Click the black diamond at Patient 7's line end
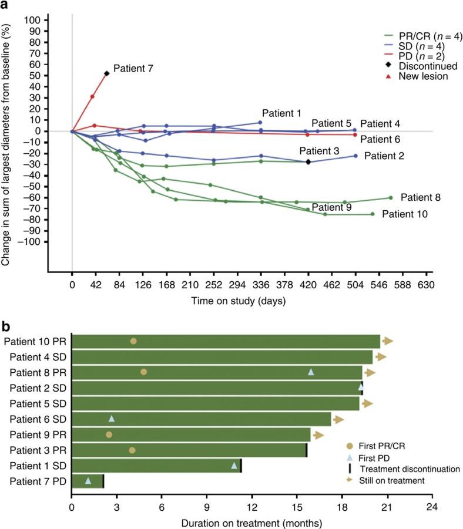(x=106, y=73)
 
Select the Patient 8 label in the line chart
(x=420, y=197)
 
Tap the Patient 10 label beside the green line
(x=404, y=214)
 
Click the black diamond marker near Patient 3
(x=308, y=161)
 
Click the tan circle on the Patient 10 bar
(x=133, y=341)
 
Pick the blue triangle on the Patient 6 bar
(x=112, y=419)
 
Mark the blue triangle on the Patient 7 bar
(x=88, y=481)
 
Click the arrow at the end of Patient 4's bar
(x=381, y=356)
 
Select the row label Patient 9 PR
(x=35, y=434)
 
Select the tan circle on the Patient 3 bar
(x=132, y=450)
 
